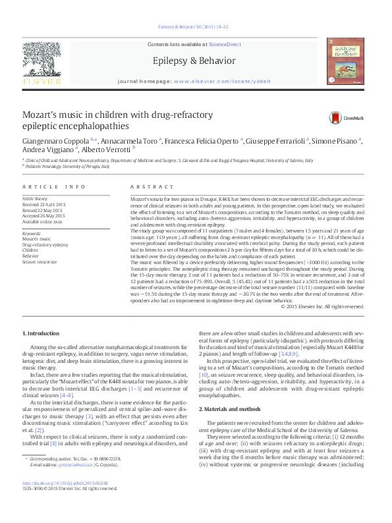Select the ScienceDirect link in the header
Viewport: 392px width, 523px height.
(224, 43)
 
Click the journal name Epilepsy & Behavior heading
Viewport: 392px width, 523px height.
(194, 61)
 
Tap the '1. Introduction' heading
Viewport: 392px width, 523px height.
(41, 335)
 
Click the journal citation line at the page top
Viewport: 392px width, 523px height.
(194, 27)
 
